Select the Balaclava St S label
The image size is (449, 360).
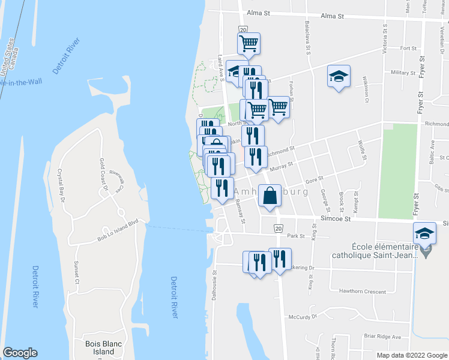tap(307, 40)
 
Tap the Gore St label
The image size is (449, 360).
tap(315, 179)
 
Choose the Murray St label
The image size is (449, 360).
tap(281, 169)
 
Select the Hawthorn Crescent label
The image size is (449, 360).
tap(362, 292)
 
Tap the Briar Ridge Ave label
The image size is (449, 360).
tap(382, 336)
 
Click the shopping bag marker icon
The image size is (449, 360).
tap(271, 196)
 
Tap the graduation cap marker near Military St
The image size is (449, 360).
tap(339, 77)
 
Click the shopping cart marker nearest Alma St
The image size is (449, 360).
tap(249, 43)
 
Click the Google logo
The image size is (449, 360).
tap(20, 352)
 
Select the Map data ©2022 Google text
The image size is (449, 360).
tap(411, 355)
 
